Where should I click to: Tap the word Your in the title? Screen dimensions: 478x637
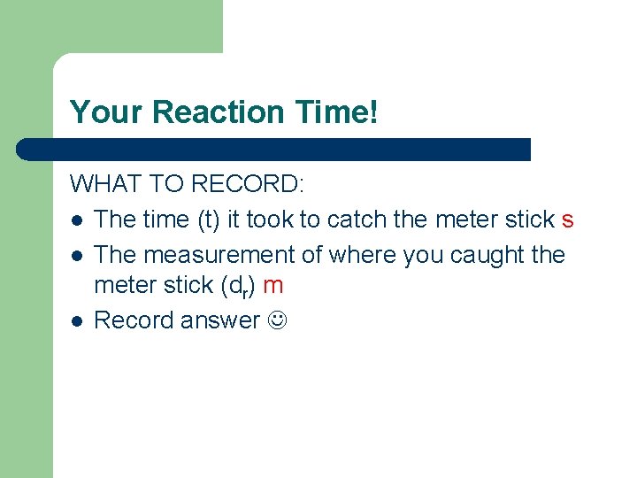pos(107,112)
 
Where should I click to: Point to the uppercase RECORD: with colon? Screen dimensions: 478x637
pos(248,184)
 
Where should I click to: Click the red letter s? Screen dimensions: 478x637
pos(568,220)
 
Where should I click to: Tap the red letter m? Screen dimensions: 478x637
pos(273,285)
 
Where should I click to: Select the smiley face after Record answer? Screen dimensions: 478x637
pos(278,320)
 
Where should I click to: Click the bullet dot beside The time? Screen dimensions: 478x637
pos(78,220)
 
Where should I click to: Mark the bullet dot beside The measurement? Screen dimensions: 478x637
pos(78,256)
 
